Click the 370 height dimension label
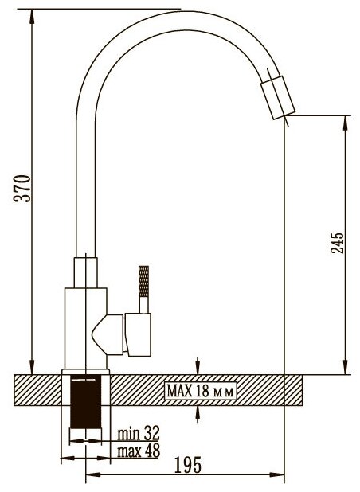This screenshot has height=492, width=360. pos(22,188)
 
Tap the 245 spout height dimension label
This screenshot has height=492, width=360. pos(338,243)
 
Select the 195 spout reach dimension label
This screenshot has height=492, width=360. pos(187,465)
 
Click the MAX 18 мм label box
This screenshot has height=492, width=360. pos(201,391)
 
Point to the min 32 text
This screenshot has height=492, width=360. pos(139,433)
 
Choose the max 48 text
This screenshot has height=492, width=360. pos(139,451)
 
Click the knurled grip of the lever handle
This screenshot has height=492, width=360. pos(143,282)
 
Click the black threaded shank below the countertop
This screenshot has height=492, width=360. pos(86,402)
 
